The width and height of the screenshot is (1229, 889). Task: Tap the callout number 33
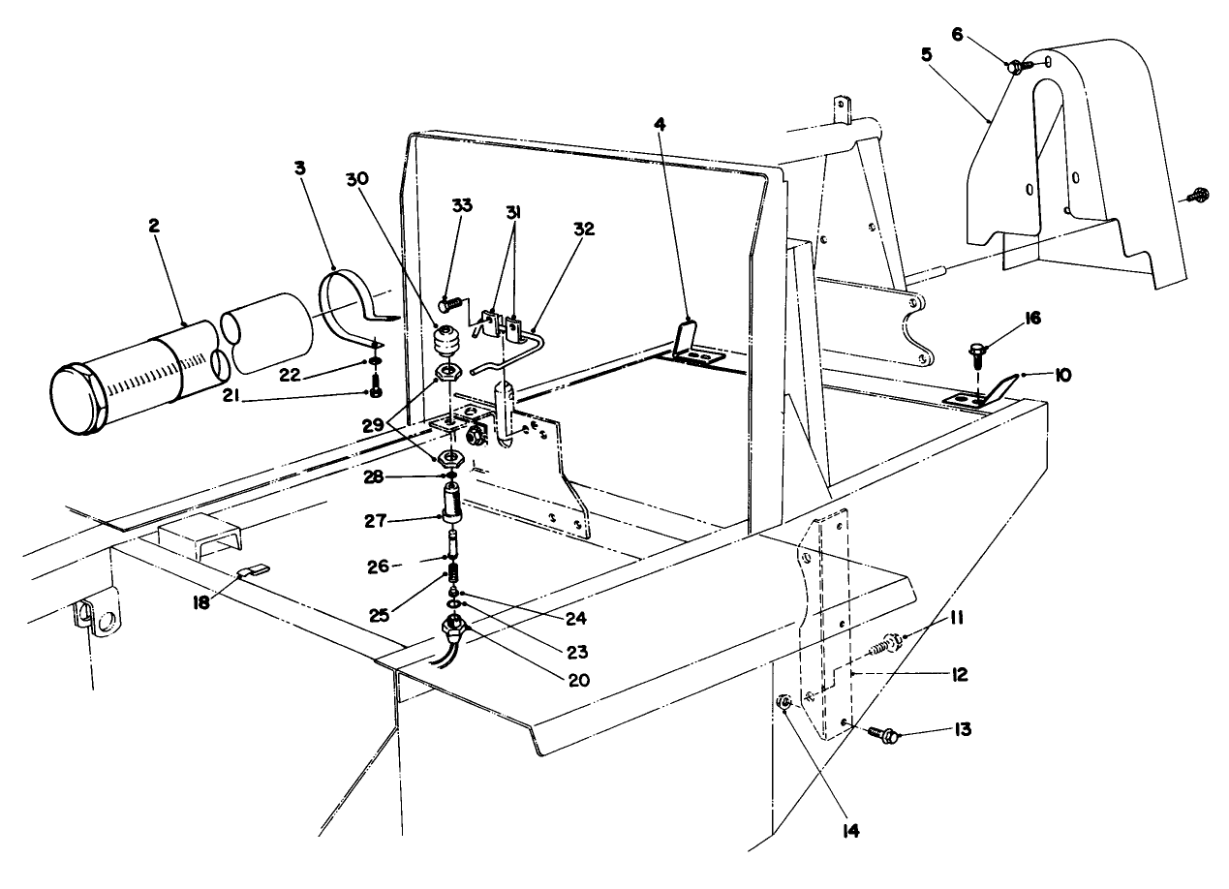(462, 206)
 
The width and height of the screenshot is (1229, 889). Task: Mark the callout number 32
(584, 230)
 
